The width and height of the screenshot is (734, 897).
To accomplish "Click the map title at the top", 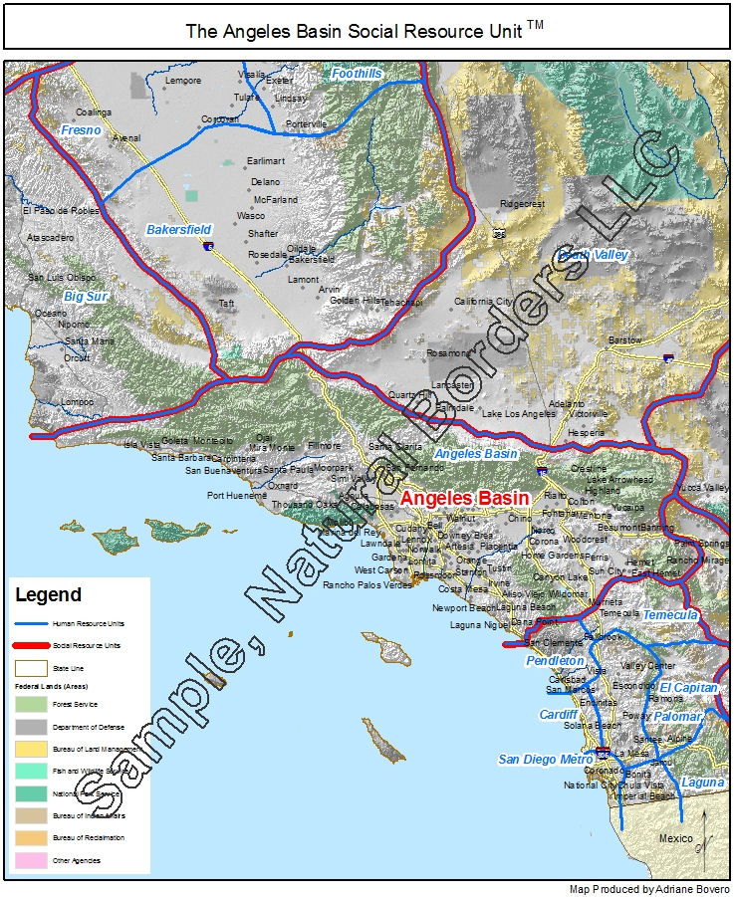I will pos(366,30).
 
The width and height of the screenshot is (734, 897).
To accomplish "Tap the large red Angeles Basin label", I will pos(464,498).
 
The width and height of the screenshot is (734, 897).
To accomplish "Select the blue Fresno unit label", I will pos(81,130).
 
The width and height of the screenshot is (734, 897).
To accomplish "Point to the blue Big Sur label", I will pos(85,297).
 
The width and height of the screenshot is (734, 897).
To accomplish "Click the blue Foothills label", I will pos(357,74).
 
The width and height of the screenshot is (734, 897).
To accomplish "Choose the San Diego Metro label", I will pos(545,760).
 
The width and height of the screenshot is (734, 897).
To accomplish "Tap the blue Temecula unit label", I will pos(669,614).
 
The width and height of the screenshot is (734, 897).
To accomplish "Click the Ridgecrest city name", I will pos(523,203).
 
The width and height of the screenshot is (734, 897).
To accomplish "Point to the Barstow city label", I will pos(624,340).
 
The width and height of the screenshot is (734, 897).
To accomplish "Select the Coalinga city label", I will pos(94,112).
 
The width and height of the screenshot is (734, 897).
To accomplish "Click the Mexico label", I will pos(675,838).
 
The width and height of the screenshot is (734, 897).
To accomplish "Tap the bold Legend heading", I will pos(48,595).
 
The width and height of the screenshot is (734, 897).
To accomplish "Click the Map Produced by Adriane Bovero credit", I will pos(649,888).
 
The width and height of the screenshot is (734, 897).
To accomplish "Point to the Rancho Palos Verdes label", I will pos(367,585).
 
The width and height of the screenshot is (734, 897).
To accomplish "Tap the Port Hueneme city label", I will pos(237,495).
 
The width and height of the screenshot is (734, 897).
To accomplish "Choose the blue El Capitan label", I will pos(688,688).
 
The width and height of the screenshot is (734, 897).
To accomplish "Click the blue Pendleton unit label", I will pos(555,661).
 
